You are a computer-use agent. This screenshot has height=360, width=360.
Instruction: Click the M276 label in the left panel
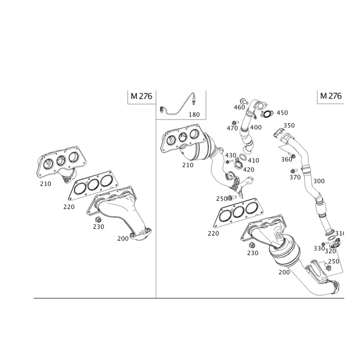point(142,96)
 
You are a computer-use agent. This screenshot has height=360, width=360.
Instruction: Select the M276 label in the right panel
point(331,96)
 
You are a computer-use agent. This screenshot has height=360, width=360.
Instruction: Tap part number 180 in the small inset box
point(194,115)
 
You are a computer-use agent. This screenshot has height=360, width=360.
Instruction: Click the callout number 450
point(282,112)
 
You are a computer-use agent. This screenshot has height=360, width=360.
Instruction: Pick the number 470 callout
point(232,128)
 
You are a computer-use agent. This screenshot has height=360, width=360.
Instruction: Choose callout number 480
point(256,128)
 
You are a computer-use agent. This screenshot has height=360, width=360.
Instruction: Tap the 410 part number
point(253,160)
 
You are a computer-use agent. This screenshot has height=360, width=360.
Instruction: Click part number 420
point(248,169)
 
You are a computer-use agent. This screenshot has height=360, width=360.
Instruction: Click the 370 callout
point(295,177)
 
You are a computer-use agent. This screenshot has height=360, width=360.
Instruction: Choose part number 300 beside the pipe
point(318,181)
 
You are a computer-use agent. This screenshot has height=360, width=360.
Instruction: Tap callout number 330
point(319,248)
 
